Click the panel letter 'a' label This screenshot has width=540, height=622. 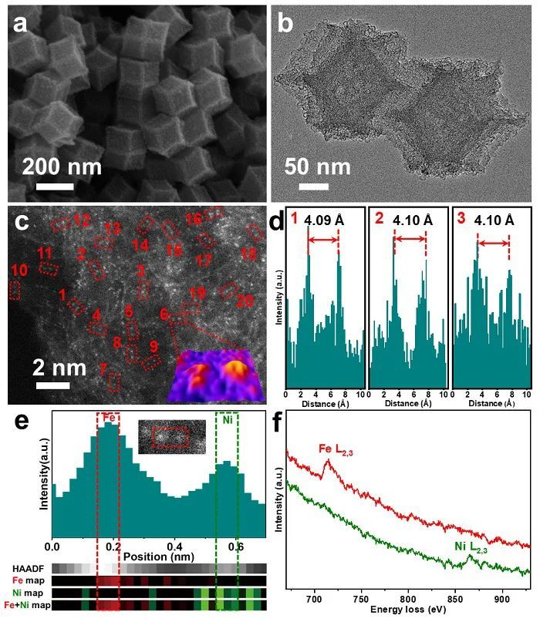tap(22, 25)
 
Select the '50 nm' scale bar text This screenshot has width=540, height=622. tap(317, 167)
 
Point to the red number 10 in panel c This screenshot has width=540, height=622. tap(19, 270)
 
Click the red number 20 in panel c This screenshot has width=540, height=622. tap(245, 301)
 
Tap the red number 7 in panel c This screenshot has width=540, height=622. tap(103, 369)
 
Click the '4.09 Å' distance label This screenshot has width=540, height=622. tap(323, 220)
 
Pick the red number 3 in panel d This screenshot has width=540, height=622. tap(461, 219)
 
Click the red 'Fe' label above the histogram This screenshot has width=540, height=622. tap(109, 417)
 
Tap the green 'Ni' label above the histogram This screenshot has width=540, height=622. tap(227, 421)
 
